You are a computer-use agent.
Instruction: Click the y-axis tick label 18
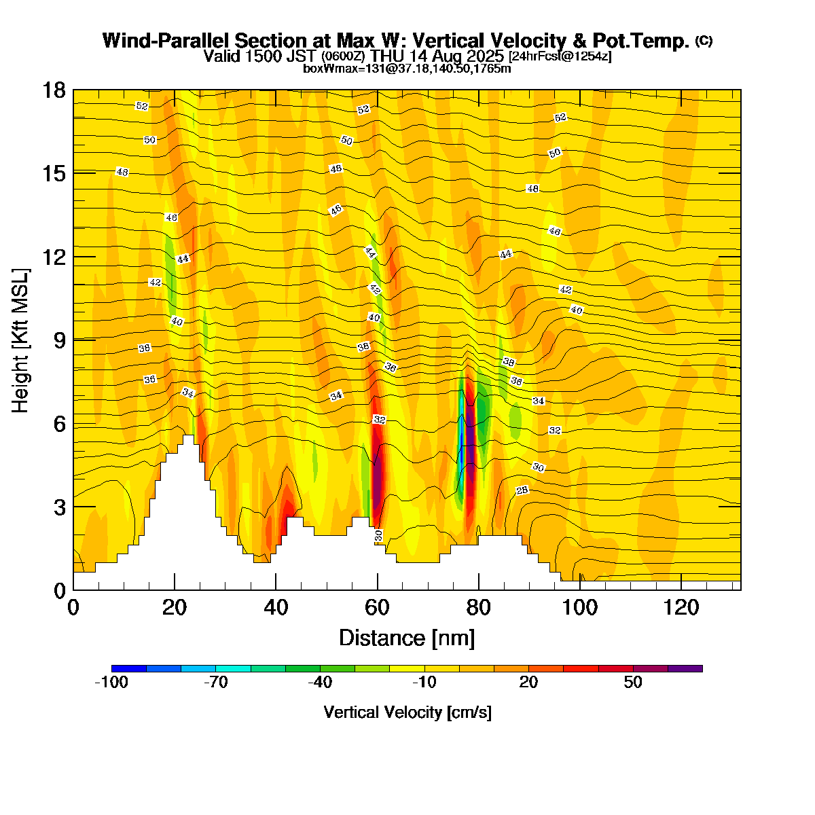(54, 90)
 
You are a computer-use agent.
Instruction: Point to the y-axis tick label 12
(54, 257)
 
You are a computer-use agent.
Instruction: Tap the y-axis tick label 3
(59, 507)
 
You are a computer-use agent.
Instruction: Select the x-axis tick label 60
(377, 606)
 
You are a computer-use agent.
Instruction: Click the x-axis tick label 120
(681, 606)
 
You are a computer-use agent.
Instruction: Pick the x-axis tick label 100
(579, 606)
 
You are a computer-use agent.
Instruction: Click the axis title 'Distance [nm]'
(406, 638)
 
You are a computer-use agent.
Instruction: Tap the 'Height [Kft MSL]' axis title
(21, 340)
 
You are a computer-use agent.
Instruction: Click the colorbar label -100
(111, 683)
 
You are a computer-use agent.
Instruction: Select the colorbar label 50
(633, 683)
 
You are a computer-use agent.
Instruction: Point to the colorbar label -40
(320, 683)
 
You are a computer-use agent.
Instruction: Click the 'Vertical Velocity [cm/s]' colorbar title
(407, 712)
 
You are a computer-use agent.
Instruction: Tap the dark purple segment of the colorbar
(685, 669)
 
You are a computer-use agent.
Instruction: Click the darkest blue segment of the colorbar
(129, 669)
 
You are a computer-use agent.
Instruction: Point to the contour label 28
(522, 490)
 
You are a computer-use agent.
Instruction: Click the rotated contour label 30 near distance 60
(378, 536)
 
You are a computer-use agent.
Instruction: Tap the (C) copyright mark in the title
(704, 41)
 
